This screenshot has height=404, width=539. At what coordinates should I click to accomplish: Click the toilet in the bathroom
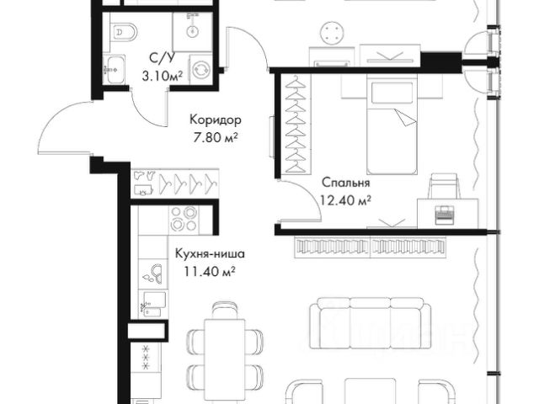(124, 33)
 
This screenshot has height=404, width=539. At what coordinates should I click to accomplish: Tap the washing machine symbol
(200, 70)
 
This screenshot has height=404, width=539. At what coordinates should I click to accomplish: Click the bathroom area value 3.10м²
(162, 75)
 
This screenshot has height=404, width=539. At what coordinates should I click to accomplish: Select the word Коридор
(216, 120)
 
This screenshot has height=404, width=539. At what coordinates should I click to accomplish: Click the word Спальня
(346, 182)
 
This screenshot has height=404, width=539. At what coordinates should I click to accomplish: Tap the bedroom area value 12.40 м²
(345, 199)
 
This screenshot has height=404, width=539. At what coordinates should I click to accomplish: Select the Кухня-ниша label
(210, 254)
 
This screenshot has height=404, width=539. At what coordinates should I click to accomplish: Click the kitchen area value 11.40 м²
(210, 271)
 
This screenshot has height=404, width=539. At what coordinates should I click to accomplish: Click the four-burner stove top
(184, 219)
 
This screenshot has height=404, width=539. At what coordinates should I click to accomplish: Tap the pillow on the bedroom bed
(392, 93)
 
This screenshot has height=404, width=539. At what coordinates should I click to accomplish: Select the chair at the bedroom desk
(445, 186)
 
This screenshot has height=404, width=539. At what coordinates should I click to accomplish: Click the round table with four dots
(333, 33)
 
